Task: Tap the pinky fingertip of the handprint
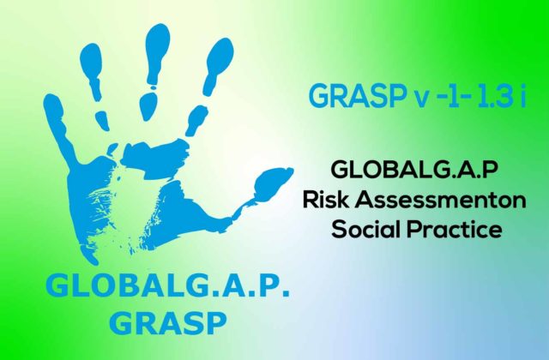[x=52, y=105]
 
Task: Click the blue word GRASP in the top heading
[x=357, y=96]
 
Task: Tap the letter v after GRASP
[x=422, y=99]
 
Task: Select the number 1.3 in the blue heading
[x=494, y=95]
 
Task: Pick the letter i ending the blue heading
[x=523, y=95]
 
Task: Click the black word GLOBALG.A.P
[x=414, y=170]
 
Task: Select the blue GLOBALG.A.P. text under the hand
[x=168, y=285]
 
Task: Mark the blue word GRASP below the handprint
[x=168, y=323]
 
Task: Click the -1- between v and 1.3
[x=454, y=95]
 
